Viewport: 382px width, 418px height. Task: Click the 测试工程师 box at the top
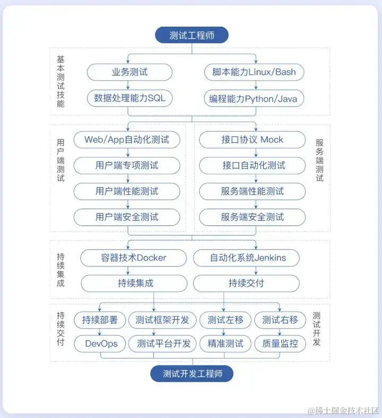[191, 35]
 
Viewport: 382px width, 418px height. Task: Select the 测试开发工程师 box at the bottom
[191, 373]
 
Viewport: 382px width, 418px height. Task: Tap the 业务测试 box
[129, 72]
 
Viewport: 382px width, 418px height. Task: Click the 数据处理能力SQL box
[129, 98]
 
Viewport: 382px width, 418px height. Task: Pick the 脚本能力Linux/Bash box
[254, 72]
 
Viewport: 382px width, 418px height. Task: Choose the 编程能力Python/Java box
[254, 98]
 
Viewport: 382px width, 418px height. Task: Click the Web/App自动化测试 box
[127, 140]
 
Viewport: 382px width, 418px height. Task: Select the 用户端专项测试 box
[127, 165]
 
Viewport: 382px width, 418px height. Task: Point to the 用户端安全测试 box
[127, 217]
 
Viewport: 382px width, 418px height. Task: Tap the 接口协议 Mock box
[253, 140]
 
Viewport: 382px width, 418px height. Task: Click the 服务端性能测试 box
[253, 191]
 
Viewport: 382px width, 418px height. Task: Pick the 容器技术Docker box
[134, 258]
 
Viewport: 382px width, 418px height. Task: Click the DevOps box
[101, 343]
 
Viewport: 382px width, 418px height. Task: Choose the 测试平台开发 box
[163, 343]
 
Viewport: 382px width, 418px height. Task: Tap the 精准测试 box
[225, 343]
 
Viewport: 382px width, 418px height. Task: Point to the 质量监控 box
[280, 343]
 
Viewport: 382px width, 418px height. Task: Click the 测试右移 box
[280, 320]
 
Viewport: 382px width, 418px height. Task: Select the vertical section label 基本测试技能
[60, 81]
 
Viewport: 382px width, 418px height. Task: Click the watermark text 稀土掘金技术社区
[344, 410]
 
